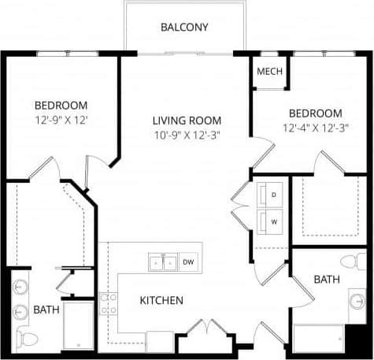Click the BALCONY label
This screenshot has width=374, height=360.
[184, 27]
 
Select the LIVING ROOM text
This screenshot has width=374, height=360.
[187, 121]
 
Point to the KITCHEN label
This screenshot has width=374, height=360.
[161, 300]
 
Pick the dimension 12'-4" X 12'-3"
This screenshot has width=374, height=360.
[315, 128]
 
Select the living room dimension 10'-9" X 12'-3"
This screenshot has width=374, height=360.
[187, 135]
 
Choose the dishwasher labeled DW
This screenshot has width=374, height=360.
[188, 262]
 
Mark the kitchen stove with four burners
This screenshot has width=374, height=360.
[108, 304]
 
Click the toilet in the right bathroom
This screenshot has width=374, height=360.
[351, 261]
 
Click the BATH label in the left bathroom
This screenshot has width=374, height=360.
[46, 310]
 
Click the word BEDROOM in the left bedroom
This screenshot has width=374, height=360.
[61, 105]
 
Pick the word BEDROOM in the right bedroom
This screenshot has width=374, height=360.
[315, 113]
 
